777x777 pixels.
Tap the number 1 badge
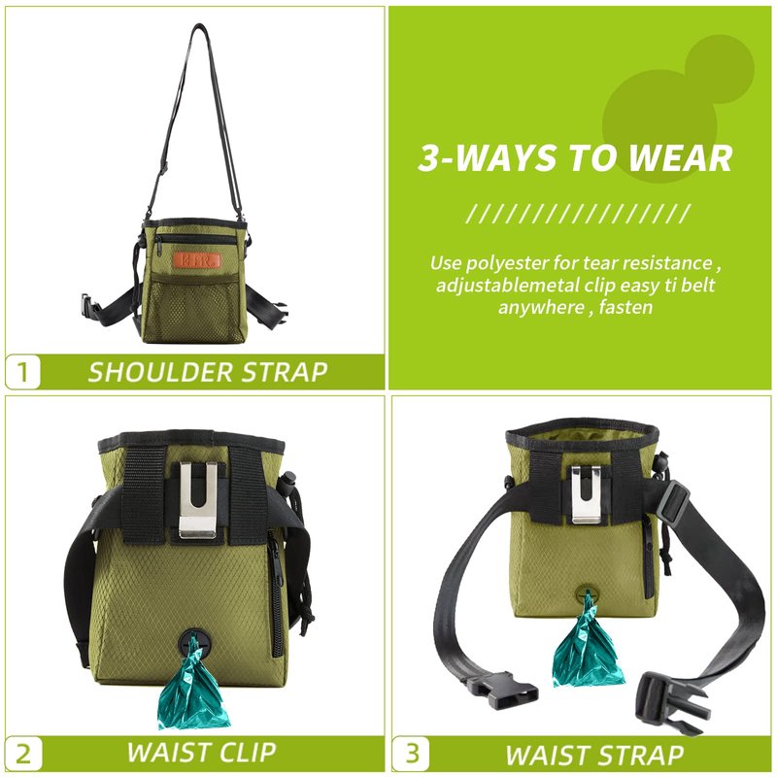coord(22,372)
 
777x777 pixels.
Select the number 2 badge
coord(22,754)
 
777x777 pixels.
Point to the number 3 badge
coord(411,754)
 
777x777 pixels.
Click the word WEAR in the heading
coord(681,158)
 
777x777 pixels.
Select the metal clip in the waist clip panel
coord(198,499)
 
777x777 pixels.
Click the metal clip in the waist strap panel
coord(588,492)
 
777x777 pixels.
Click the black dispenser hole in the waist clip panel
coord(194,645)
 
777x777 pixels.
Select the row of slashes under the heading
coord(577,214)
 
